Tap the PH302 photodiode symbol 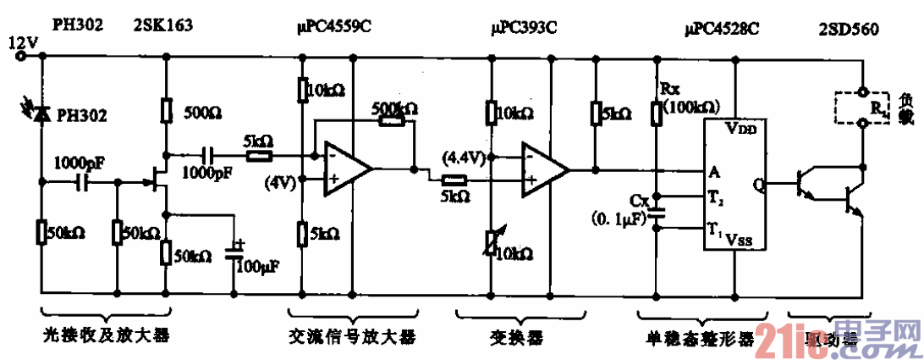coord(40,114)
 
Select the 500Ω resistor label coord(201,112)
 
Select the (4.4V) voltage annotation coord(463,157)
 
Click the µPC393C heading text coord(524,27)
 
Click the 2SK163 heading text coord(160,27)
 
